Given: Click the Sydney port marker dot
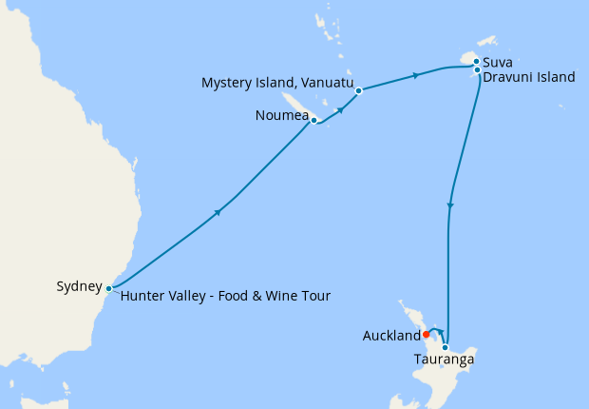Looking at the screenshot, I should click(x=109, y=288).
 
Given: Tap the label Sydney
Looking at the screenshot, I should click(x=79, y=285).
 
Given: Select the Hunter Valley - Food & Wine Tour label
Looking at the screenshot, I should click(x=225, y=296).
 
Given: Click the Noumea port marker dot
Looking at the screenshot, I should click(x=313, y=121).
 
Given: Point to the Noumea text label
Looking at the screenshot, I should click(x=281, y=116).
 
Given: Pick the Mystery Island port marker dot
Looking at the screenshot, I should click(x=358, y=91).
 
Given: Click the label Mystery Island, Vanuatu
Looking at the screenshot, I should click(x=276, y=83).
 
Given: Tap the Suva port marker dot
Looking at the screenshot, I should click(x=476, y=62).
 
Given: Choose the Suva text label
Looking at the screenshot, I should click(x=500, y=62).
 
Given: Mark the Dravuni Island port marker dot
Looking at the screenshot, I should click(x=476, y=69).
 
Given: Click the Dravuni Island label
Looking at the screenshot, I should click(x=528, y=77).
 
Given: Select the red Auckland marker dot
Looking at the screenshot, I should click(x=426, y=334).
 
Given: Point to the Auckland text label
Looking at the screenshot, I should click(x=391, y=336).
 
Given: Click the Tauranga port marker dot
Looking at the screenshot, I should click(x=445, y=347).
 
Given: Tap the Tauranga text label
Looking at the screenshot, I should click(x=444, y=360).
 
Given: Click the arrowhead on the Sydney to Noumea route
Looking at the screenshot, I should click(x=218, y=212).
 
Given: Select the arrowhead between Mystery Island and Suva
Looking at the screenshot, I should click(x=415, y=75).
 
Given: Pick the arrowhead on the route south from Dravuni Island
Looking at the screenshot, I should click(x=450, y=206).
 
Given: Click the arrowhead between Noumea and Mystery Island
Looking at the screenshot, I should click(x=340, y=109).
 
